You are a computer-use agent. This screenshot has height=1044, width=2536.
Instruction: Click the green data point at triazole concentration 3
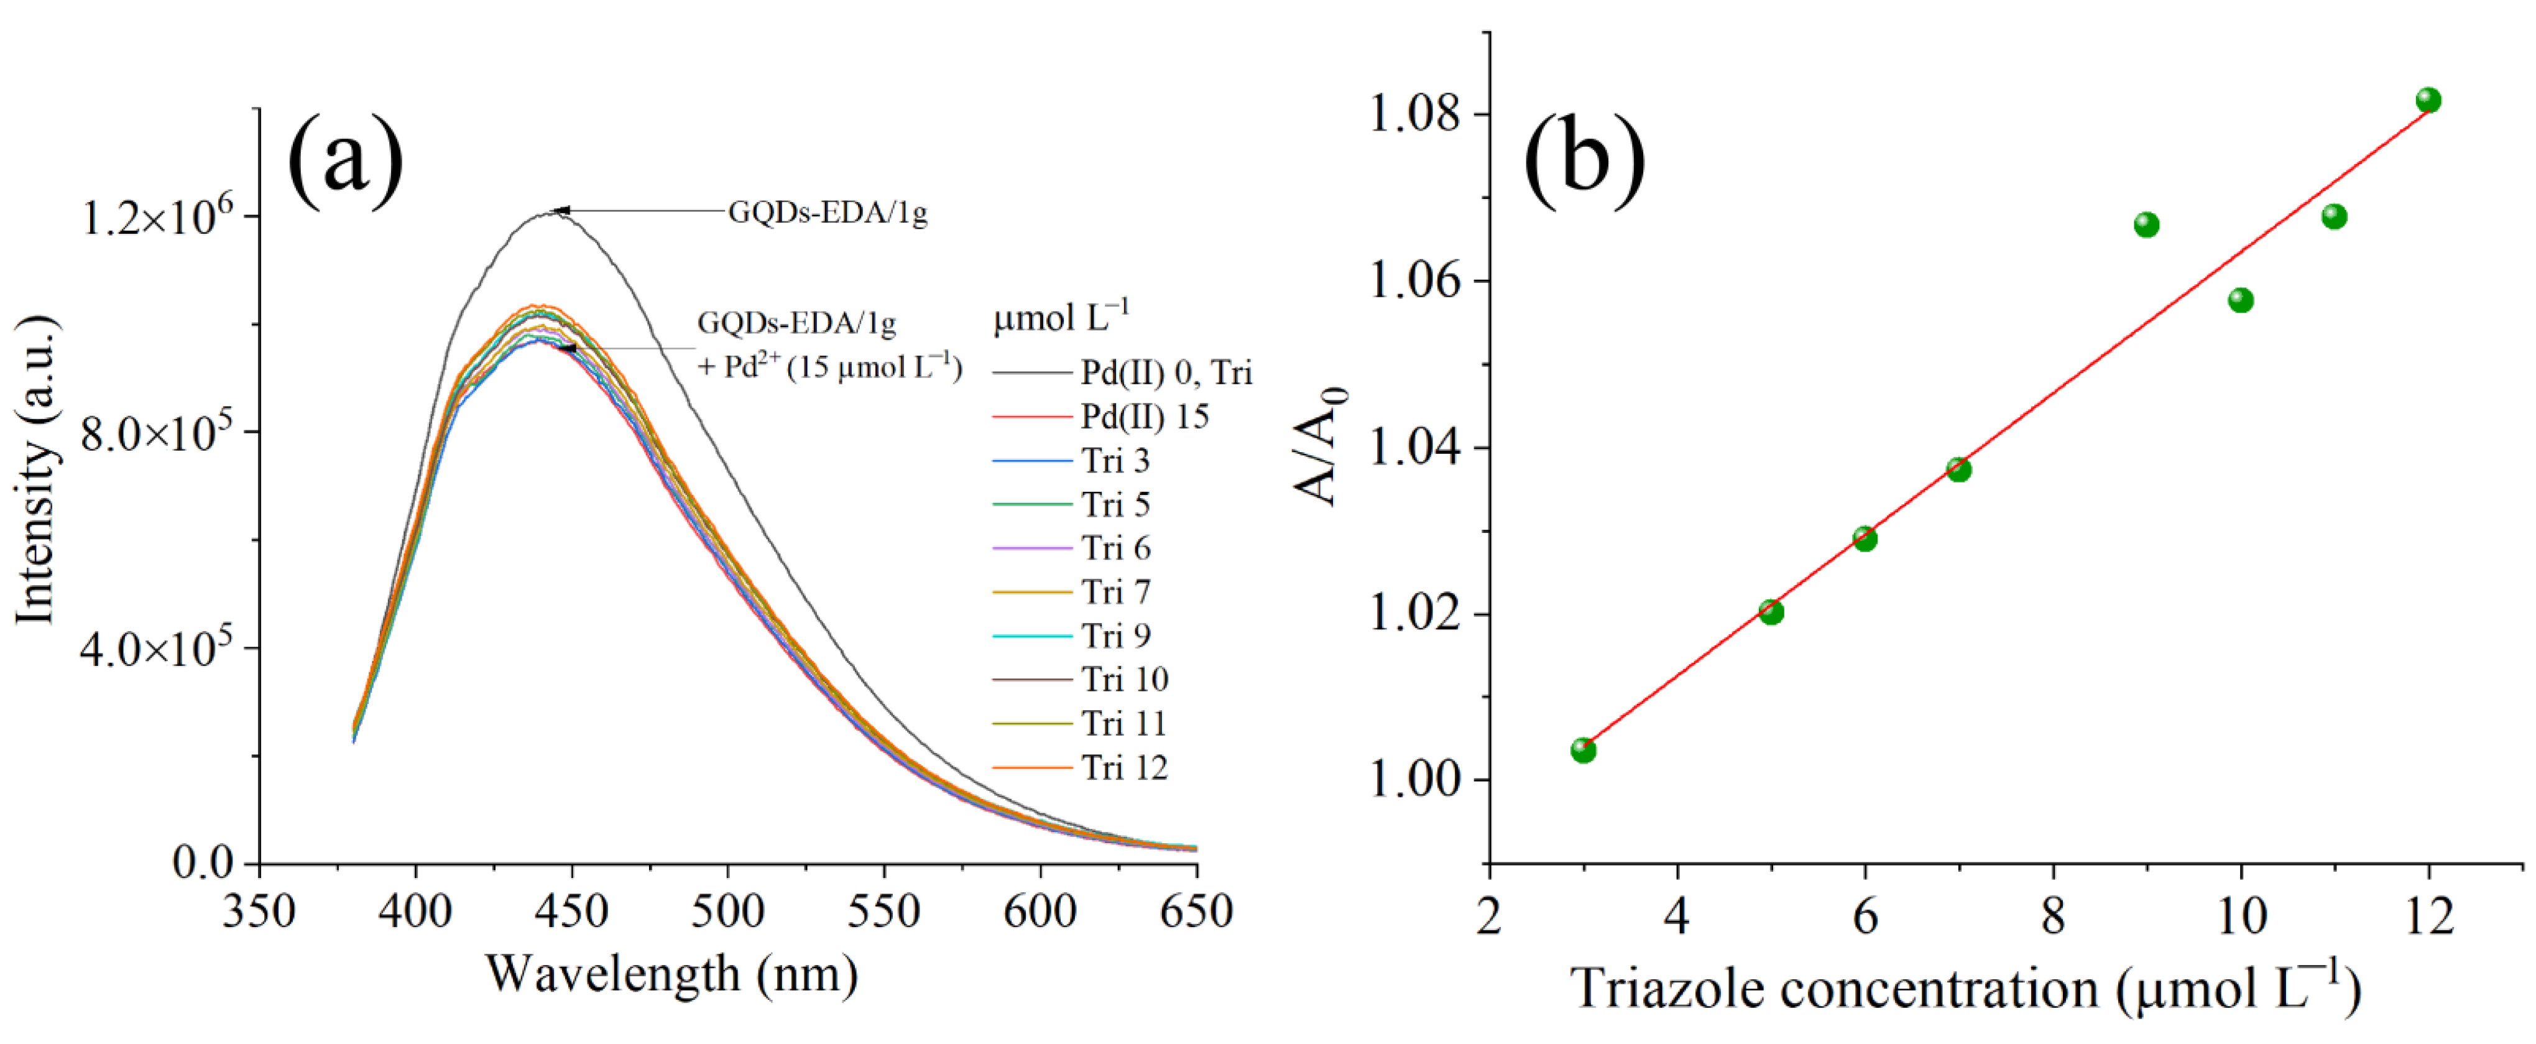pos(1583,751)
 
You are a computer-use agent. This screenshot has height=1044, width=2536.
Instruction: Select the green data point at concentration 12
pos(2428,101)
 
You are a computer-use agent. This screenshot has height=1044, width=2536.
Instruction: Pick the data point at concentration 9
pos(2146,224)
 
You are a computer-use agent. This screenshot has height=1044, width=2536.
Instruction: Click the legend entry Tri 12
pos(1124,767)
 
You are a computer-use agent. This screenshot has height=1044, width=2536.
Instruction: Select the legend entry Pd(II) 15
pos(1144,417)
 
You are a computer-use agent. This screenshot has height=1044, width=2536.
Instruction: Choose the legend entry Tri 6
pos(1115,548)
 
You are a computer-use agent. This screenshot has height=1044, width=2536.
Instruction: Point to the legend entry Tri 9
pos(1115,635)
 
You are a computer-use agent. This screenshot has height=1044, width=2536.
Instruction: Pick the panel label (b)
pos(1584,157)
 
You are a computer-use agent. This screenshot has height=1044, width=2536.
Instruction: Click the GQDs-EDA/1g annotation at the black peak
pos(827,213)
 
